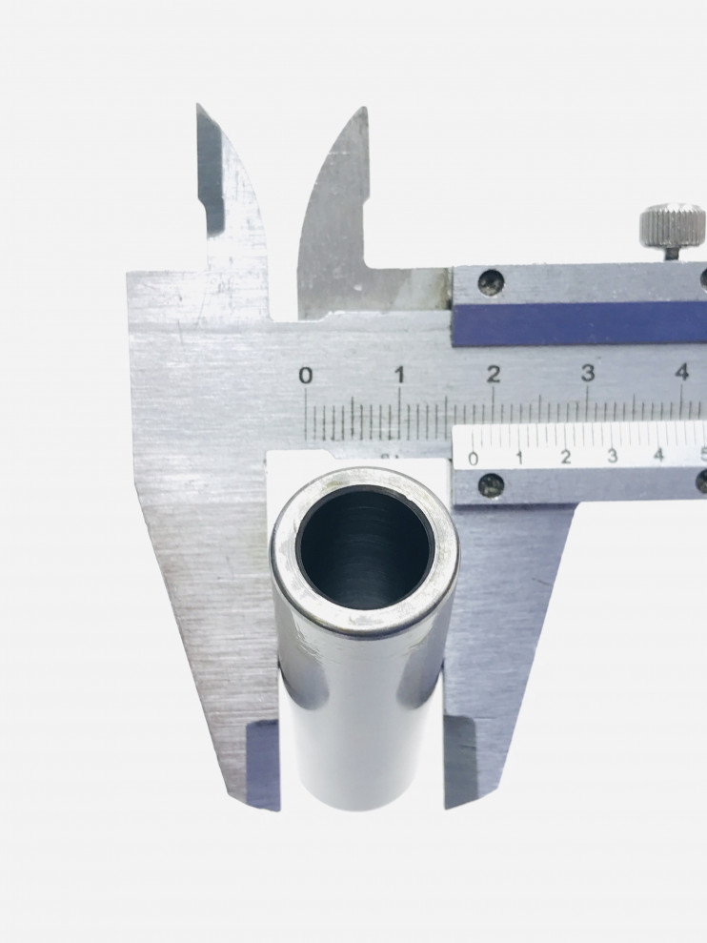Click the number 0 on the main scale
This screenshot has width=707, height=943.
[306, 376]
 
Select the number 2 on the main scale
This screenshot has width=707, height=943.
[494, 374]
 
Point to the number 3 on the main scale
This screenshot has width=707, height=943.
[588, 373]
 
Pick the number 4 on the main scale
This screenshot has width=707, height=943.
[682, 372]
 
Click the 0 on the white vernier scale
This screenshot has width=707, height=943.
[474, 459]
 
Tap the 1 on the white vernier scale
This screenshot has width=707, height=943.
[519, 458]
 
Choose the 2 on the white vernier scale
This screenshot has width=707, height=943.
[566, 457]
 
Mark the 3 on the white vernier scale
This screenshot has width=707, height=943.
[612, 455]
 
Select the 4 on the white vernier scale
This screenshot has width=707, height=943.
[659, 454]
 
